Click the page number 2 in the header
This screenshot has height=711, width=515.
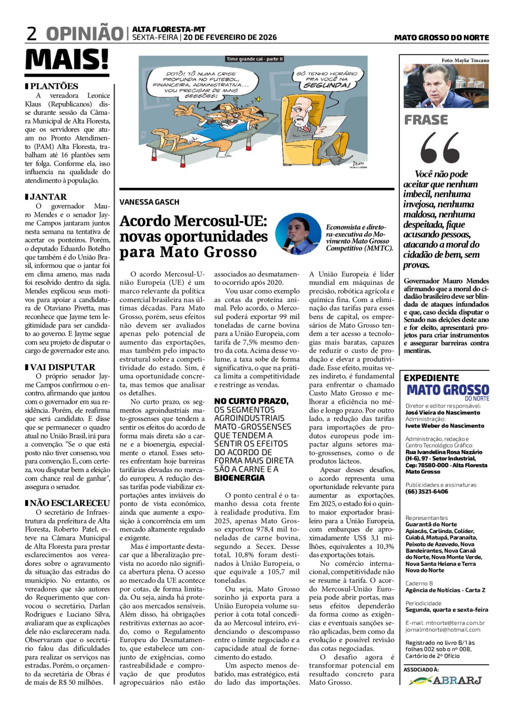point(31,34)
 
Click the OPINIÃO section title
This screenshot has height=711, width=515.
point(84,34)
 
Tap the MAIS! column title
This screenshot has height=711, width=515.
point(67,60)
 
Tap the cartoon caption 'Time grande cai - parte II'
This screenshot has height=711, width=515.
point(255,59)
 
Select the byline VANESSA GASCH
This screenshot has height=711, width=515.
point(149,202)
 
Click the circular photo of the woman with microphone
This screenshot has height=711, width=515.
point(298,234)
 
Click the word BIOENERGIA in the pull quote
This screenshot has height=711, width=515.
point(239,478)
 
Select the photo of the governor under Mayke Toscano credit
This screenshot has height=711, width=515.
point(446,87)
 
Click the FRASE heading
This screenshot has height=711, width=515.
point(426,120)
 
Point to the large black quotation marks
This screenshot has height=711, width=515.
point(440,148)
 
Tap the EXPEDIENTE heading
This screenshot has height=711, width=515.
point(431,378)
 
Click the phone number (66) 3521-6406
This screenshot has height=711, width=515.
point(427,491)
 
